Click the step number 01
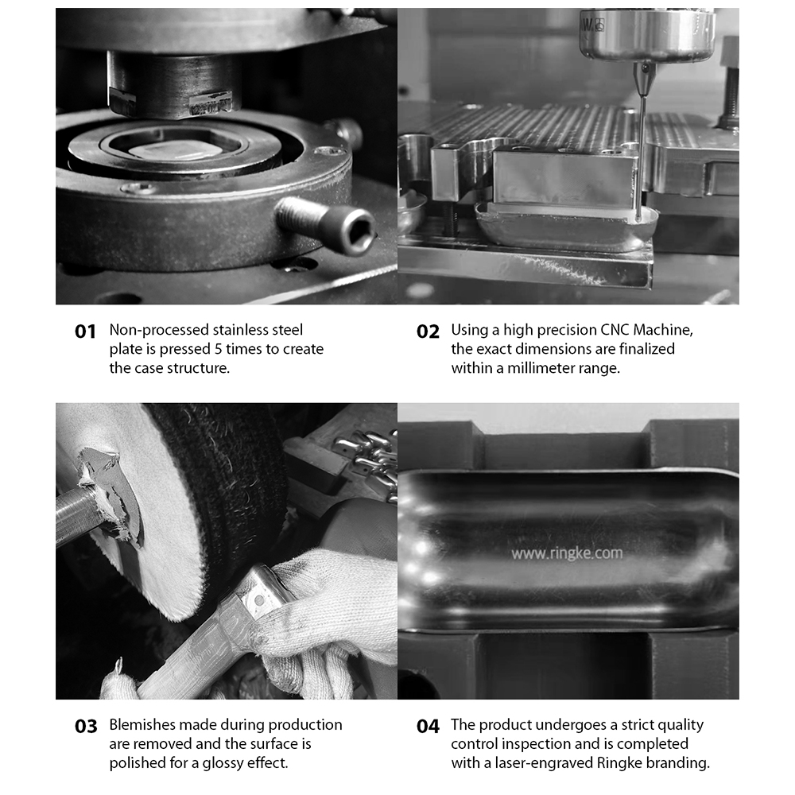point(85,332)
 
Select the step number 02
point(428,332)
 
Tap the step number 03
point(86,727)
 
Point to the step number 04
point(428,727)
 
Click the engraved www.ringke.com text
point(567,553)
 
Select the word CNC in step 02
point(615,330)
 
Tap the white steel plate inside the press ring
point(172,149)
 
